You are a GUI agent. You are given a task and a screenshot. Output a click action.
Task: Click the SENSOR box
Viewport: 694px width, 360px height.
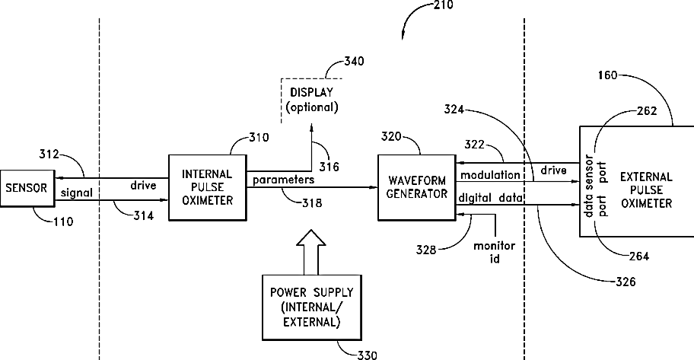27,188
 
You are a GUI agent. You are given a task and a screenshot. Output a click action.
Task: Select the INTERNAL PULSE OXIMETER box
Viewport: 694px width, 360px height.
208,187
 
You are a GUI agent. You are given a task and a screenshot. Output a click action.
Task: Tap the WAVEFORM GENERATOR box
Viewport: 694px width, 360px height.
416,187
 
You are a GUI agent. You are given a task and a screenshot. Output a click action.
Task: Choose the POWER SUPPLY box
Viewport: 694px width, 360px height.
311,307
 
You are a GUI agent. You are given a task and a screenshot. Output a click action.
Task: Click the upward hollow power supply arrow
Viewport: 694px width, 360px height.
310,252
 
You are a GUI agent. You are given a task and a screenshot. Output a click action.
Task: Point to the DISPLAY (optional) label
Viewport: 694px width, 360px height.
311,100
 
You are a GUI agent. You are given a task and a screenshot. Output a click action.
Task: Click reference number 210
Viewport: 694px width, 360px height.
443,5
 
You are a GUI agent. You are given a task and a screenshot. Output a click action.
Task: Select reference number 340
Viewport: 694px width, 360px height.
354,61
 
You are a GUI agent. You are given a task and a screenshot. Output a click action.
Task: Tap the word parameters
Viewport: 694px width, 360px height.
283,180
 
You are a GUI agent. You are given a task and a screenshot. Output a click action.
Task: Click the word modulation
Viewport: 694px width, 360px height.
490,175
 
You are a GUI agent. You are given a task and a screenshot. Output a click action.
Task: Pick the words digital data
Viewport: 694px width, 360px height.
490,198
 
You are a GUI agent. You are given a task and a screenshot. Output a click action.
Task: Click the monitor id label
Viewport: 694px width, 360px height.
495,252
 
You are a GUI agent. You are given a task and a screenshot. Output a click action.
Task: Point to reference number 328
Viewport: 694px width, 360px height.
426,250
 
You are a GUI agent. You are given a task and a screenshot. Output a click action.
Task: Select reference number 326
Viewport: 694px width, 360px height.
626,282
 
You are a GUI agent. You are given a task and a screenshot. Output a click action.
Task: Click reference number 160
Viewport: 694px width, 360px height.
607,75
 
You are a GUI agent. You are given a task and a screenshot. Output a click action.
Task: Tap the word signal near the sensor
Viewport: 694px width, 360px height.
77,193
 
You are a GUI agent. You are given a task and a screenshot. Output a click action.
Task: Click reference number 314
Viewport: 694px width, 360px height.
143,215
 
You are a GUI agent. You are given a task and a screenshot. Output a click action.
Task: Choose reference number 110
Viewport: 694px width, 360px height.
63,221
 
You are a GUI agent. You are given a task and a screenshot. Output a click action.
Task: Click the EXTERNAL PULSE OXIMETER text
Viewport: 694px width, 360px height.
646,190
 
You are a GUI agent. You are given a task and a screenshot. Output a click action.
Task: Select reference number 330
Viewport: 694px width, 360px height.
368,355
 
